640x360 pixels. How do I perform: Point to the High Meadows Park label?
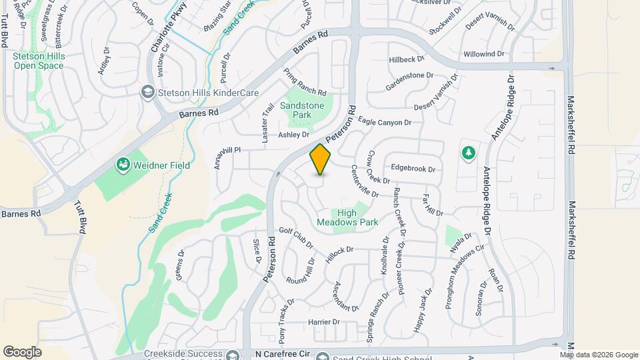coord(357,218)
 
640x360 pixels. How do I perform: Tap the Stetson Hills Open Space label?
coord(39,61)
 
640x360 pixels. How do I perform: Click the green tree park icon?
coord(469,153)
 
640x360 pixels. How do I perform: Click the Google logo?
coord(22,351)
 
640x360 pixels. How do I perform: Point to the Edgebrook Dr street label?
coord(413,169)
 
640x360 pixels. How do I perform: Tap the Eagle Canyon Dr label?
coord(385,122)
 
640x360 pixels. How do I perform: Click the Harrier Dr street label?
coord(324,322)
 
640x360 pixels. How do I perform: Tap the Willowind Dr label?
coord(484,53)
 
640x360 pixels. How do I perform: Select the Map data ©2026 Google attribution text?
coord(599,355)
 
